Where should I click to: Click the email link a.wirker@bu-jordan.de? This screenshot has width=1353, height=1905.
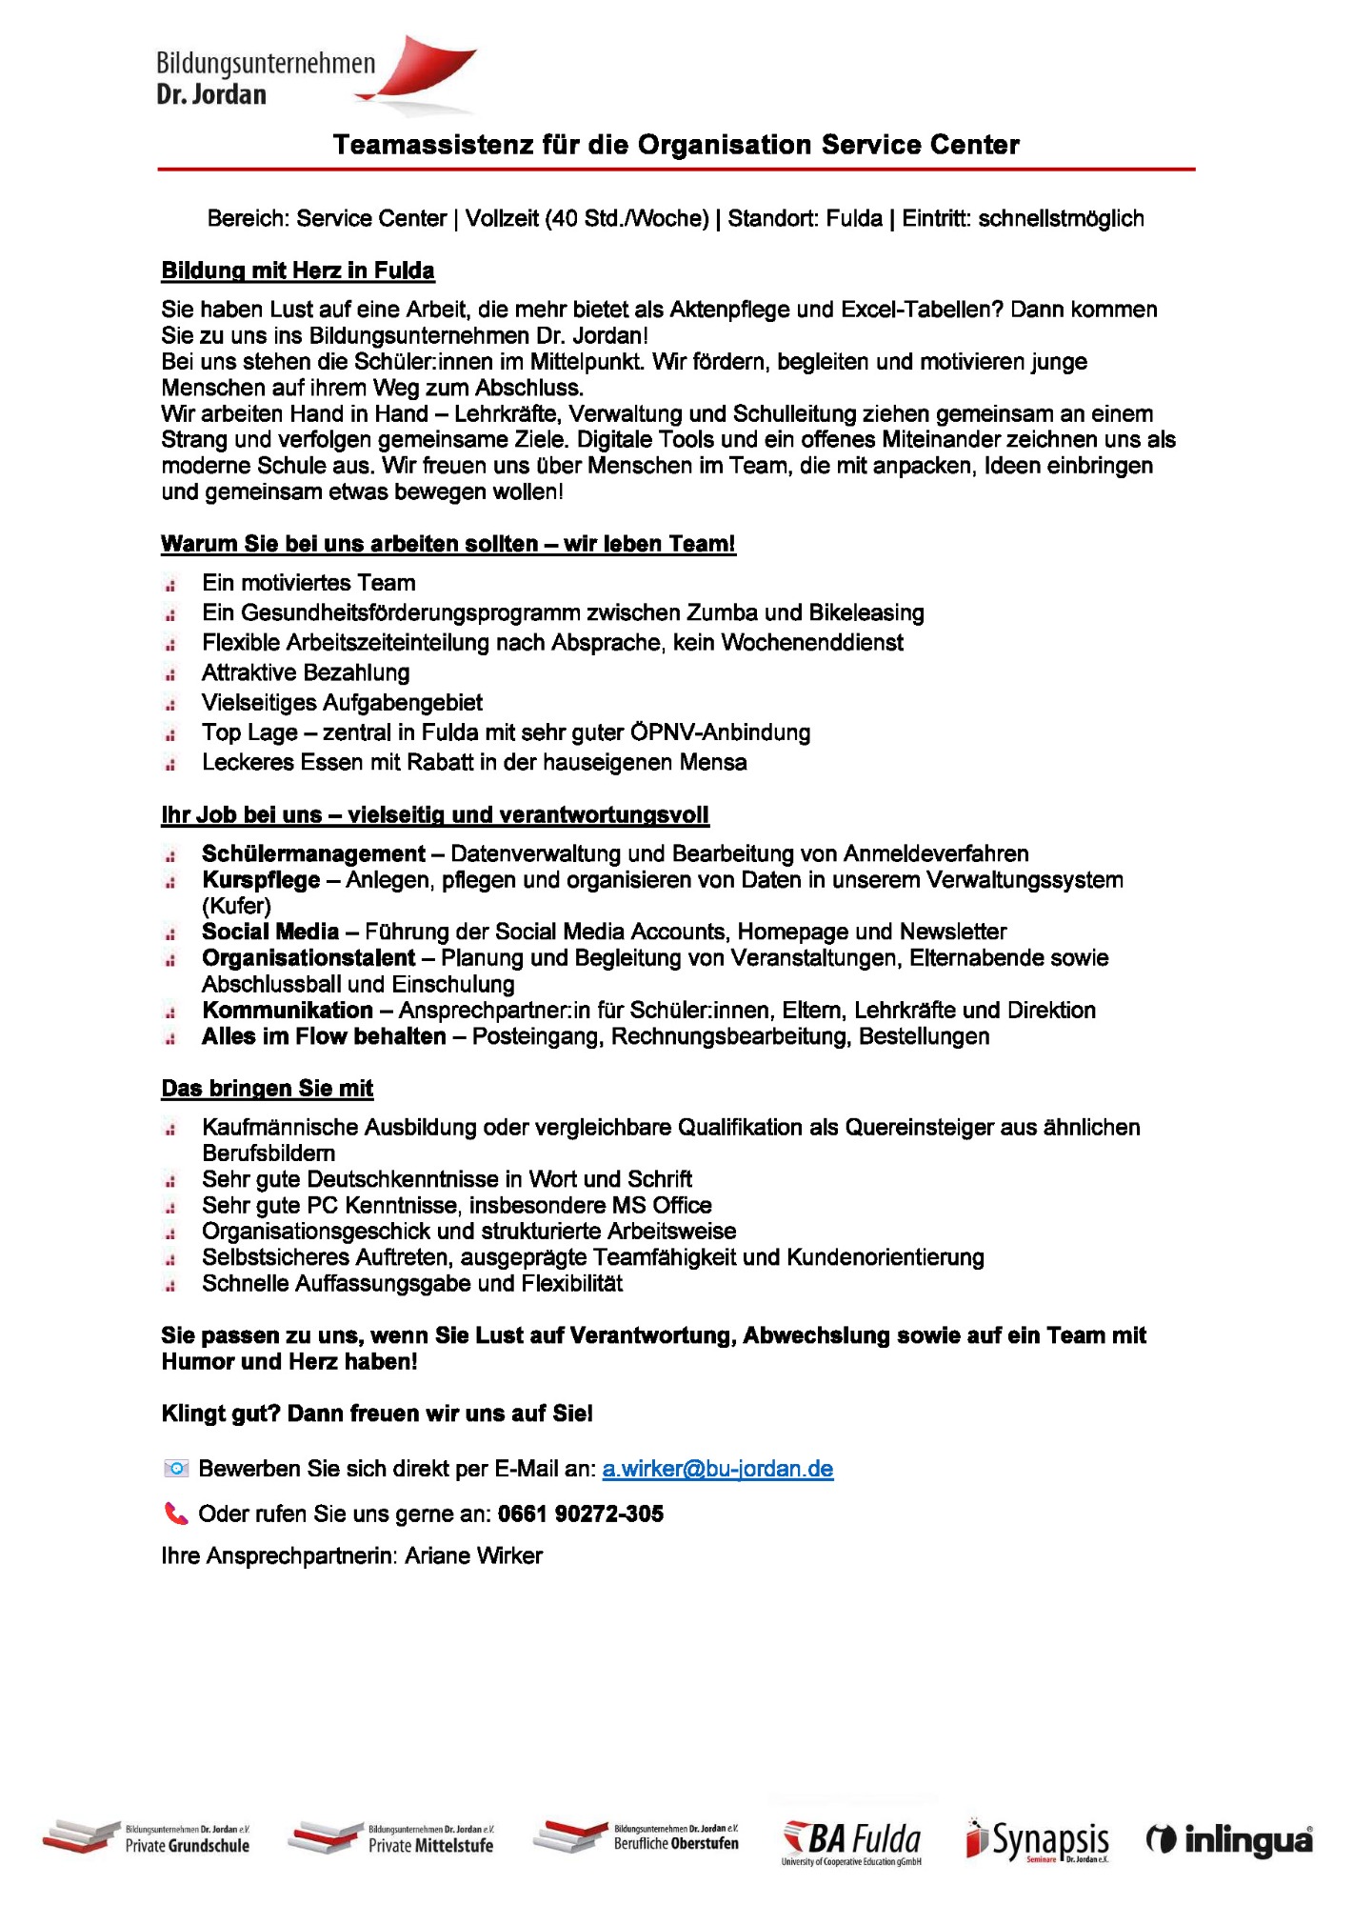coord(717,1469)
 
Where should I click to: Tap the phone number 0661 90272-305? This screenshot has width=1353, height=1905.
coord(580,1514)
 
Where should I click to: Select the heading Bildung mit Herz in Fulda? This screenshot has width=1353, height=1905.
coord(297,271)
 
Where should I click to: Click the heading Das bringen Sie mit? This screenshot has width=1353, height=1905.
coord(267,1088)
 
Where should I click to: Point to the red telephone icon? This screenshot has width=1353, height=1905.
coord(176,1514)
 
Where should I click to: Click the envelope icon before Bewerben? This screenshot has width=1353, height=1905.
coord(176,1469)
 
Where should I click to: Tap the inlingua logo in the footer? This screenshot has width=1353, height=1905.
coord(1229,1840)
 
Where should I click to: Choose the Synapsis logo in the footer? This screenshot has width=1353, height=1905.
coord(1038,1840)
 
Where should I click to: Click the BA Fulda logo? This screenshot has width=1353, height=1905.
coord(851,1841)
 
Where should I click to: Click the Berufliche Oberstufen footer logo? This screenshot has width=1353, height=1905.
coord(635,1837)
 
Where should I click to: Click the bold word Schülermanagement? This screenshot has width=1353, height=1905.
coord(313,853)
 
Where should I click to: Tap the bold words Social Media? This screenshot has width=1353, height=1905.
coord(270,932)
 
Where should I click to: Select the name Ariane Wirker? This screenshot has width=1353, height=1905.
coord(473,1555)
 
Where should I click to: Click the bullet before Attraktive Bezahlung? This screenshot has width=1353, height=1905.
coord(170,674)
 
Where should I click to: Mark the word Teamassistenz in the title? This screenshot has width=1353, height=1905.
coord(433,145)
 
